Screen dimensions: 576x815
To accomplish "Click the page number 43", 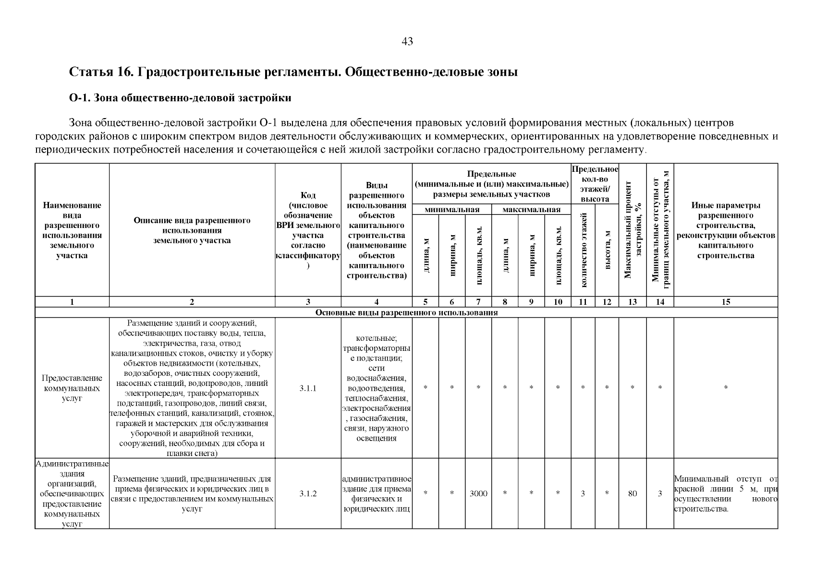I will tap(407, 42).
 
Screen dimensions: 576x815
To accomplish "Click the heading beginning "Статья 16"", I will tap(293, 72).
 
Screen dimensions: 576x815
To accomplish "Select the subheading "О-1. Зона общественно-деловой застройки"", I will tap(180, 98).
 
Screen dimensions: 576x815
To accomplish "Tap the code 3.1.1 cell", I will tap(308, 388).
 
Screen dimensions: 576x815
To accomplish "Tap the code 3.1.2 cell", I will tap(308, 493).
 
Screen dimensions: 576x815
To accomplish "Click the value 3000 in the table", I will tap(478, 493).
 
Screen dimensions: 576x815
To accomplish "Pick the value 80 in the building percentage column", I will tap(633, 493).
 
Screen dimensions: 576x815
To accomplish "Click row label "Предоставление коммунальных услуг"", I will tap(72, 388).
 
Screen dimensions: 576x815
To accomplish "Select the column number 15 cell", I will tap(726, 302).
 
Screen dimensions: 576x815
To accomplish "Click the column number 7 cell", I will tap(478, 302).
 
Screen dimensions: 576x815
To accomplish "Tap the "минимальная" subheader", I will tap(452, 210).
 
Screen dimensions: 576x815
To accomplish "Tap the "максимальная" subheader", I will tap(531, 210).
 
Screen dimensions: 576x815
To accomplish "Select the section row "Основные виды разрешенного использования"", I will tap(406, 313).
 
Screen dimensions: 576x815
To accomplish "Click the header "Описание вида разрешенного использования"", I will tap(192, 230).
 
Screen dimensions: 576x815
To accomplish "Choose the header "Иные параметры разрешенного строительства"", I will tap(726, 230).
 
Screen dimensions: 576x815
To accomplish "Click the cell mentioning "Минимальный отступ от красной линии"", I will tap(726, 493).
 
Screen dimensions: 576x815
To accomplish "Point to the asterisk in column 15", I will tap(726, 388).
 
